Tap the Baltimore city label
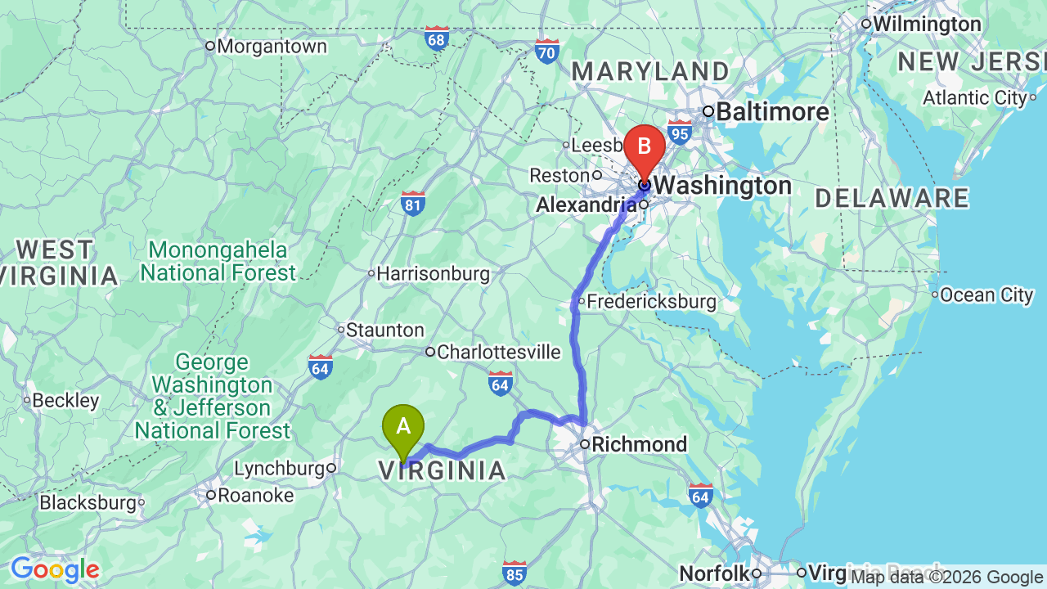[772, 111]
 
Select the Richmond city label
[639, 444]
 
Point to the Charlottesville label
[498, 352]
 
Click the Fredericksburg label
[651, 301]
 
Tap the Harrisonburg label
[434, 273]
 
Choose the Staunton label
[384, 330]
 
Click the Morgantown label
[272, 46]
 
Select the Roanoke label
[255, 495]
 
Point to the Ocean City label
[986, 294]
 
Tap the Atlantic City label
[974, 98]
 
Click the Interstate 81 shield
[413, 203]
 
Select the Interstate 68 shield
[437, 38]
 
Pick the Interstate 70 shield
[547, 51]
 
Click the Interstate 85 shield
[515, 573]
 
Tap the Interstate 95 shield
[679, 132]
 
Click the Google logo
[55, 569]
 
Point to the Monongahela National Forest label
[218, 261]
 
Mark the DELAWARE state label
[892, 198]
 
